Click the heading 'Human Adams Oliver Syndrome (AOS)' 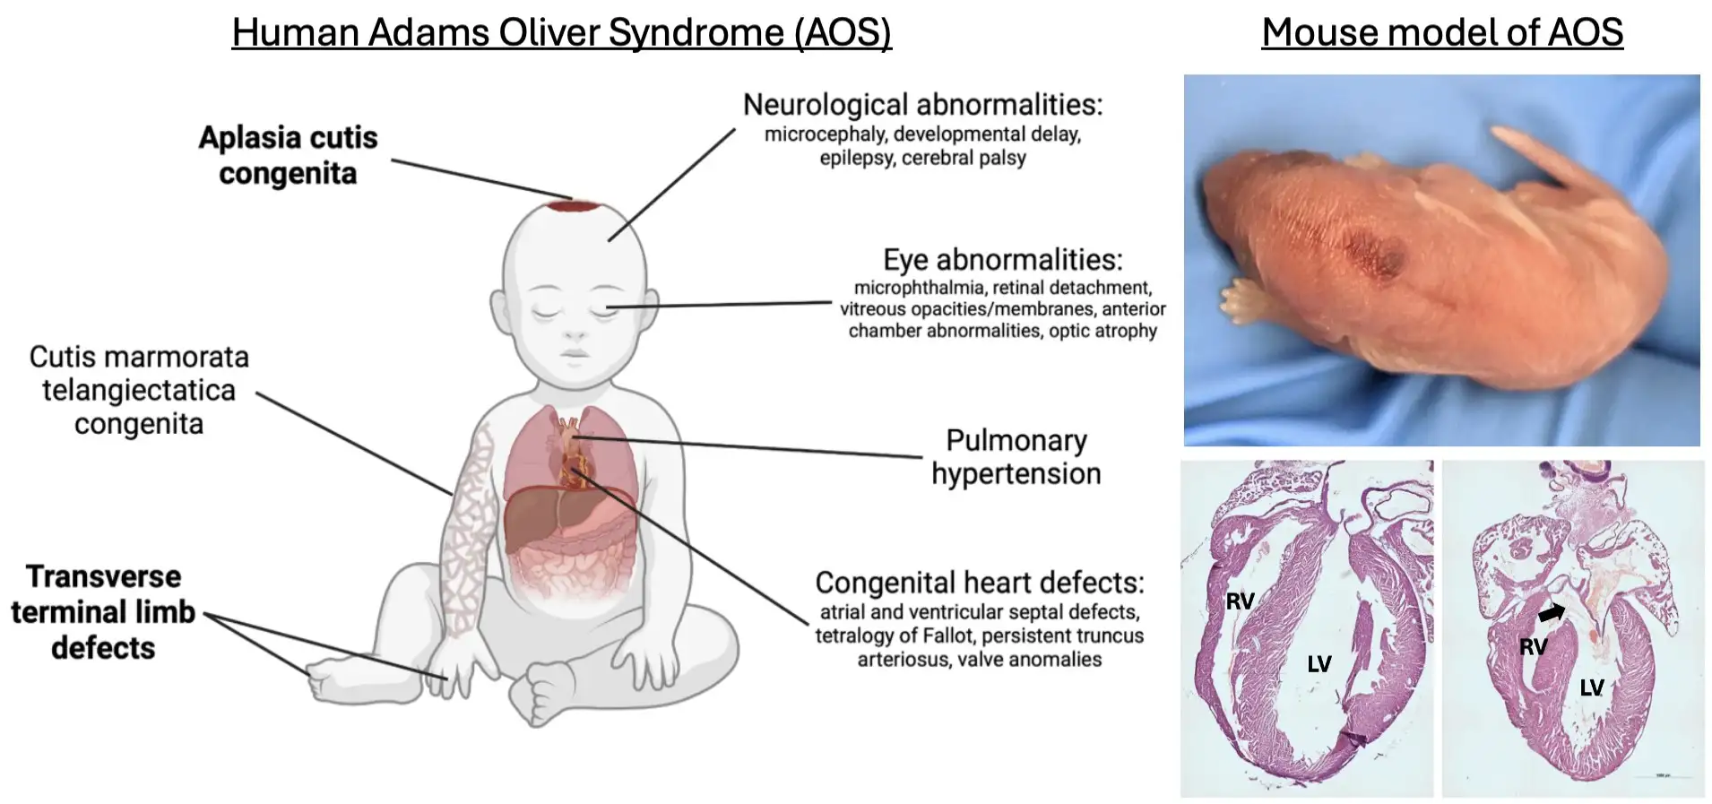pos(561,32)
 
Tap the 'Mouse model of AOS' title pos(1441,32)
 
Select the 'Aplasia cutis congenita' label pos(288,155)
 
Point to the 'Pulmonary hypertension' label pos(1016,457)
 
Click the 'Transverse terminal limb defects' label pos(103,612)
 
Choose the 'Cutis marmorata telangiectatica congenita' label pos(139,390)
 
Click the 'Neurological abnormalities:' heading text pos(922,105)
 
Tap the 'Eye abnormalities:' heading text pos(1002,260)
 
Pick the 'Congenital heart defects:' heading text pos(979,583)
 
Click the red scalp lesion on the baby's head pos(575,206)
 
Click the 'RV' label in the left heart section pos(1240,601)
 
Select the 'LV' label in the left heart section pos(1319,664)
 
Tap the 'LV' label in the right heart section pos(1591,687)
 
